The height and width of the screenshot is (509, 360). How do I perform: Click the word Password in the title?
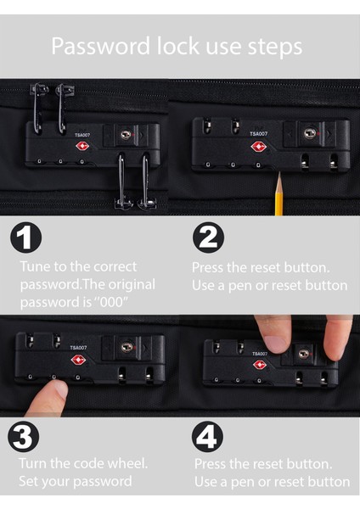pyautogui.click(x=101, y=46)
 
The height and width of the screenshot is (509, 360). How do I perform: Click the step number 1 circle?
pyautogui.click(x=26, y=238)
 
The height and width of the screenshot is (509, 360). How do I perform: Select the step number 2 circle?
pyautogui.click(x=208, y=238)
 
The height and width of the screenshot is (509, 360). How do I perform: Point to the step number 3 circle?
pyautogui.click(x=24, y=437)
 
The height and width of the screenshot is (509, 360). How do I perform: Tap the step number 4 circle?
pyautogui.click(x=207, y=437)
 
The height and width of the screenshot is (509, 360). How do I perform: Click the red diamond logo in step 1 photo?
pyautogui.click(x=82, y=146)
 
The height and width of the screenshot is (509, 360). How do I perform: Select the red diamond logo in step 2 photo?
pyautogui.click(x=259, y=147)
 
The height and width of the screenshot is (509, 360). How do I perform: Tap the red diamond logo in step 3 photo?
pyautogui.click(x=78, y=360)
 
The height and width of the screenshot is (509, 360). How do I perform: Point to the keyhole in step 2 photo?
pyautogui.click(x=310, y=133)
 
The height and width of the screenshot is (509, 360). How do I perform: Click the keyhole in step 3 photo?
pyautogui.click(x=127, y=347)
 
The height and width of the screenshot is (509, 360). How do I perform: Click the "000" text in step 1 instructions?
pyautogui.click(x=110, y=303)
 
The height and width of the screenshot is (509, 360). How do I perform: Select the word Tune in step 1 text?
pyautogui.click(x=35, y=266)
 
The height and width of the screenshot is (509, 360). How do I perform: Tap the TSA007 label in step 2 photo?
pyautogui.click(x=259, y=134)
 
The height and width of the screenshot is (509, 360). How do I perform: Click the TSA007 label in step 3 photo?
pyautogui.click(x=78, y=348)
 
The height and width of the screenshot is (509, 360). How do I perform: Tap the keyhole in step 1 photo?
pyautogui.click(x=126, y=135)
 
